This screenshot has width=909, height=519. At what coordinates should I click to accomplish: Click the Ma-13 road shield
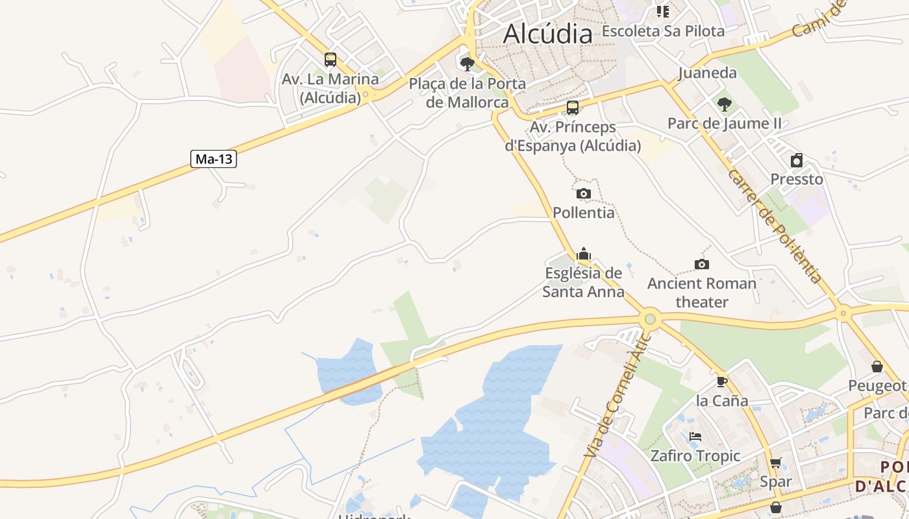(213, 159)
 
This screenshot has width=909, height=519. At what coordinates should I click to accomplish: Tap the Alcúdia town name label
(547, 34)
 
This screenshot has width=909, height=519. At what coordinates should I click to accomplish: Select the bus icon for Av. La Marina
(330, 60)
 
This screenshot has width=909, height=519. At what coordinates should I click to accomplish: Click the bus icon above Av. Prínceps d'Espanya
(572, 108)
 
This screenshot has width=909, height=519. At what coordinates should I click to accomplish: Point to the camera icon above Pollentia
(584, 193)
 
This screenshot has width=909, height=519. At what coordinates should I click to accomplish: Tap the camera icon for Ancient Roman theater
(701, 264)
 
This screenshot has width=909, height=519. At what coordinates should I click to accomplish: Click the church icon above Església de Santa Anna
(584, 254)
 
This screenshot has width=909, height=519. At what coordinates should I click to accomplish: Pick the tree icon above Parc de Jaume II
(724, 104)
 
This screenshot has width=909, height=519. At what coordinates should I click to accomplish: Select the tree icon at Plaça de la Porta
(467, 64)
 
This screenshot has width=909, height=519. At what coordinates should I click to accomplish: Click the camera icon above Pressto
(797, 160)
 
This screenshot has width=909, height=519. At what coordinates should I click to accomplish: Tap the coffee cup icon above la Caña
(721, 381)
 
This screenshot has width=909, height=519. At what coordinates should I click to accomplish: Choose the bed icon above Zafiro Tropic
(695, 437)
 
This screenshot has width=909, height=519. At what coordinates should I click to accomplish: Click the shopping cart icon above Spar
(775, 463)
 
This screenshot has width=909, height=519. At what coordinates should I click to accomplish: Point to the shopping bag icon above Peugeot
(877, 367)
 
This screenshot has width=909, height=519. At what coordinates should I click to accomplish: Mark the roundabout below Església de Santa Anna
(649, 319)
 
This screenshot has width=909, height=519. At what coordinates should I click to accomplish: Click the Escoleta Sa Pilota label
(663, 30)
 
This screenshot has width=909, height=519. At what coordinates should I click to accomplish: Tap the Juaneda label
(707, 73)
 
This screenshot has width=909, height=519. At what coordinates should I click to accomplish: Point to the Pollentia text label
(583, 212)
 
